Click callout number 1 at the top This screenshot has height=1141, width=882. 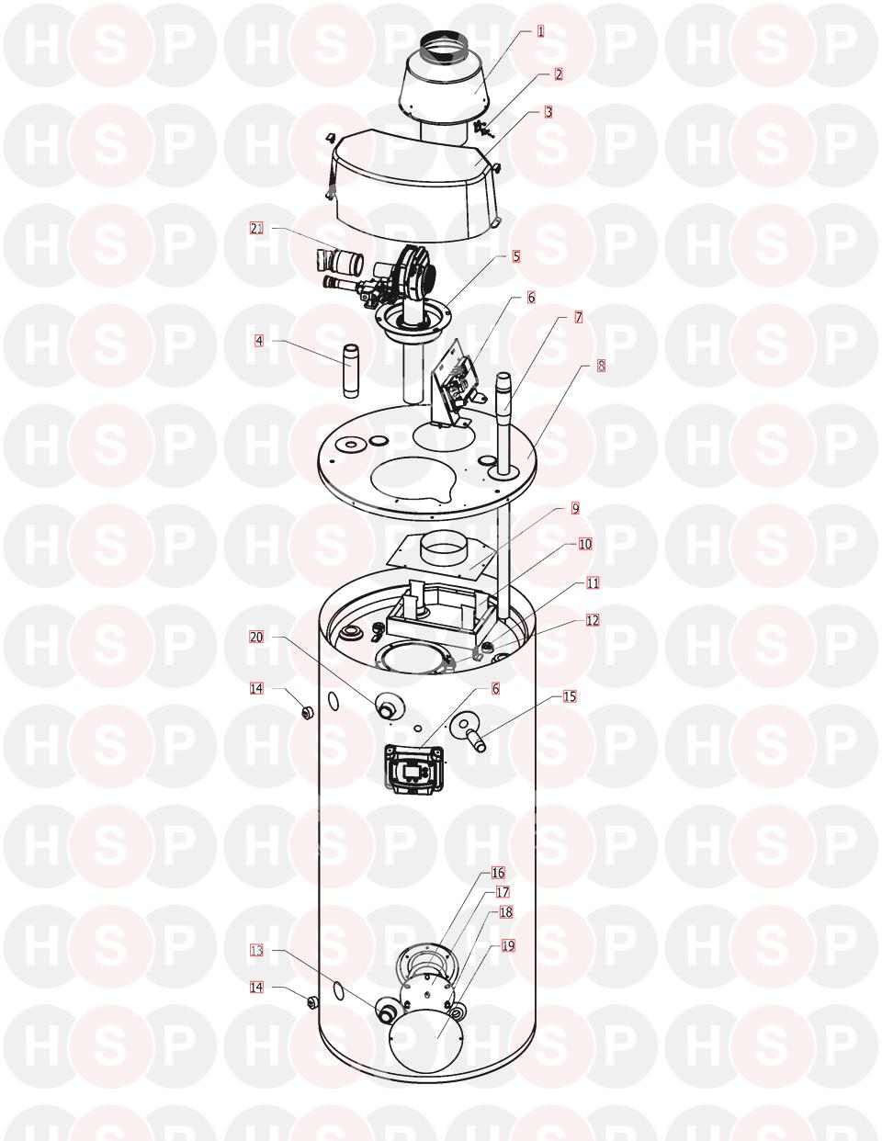pos(541,31)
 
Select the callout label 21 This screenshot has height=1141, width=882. pos(256,229)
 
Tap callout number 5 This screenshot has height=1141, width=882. pos(516,256)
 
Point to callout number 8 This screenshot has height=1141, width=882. pos(601,366)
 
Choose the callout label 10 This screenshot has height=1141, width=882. pos(585,544)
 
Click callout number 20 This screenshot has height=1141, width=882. pos(256,637)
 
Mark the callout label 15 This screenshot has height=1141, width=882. pos(570,696)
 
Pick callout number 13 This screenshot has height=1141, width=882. pos(256,951)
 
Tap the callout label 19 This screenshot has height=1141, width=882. pos(508,945)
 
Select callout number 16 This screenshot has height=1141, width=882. pos(498,873)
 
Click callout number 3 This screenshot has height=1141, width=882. pos(548,112)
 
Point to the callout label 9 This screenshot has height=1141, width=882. pos(575,508)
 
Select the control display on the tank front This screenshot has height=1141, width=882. pos(414,769)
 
